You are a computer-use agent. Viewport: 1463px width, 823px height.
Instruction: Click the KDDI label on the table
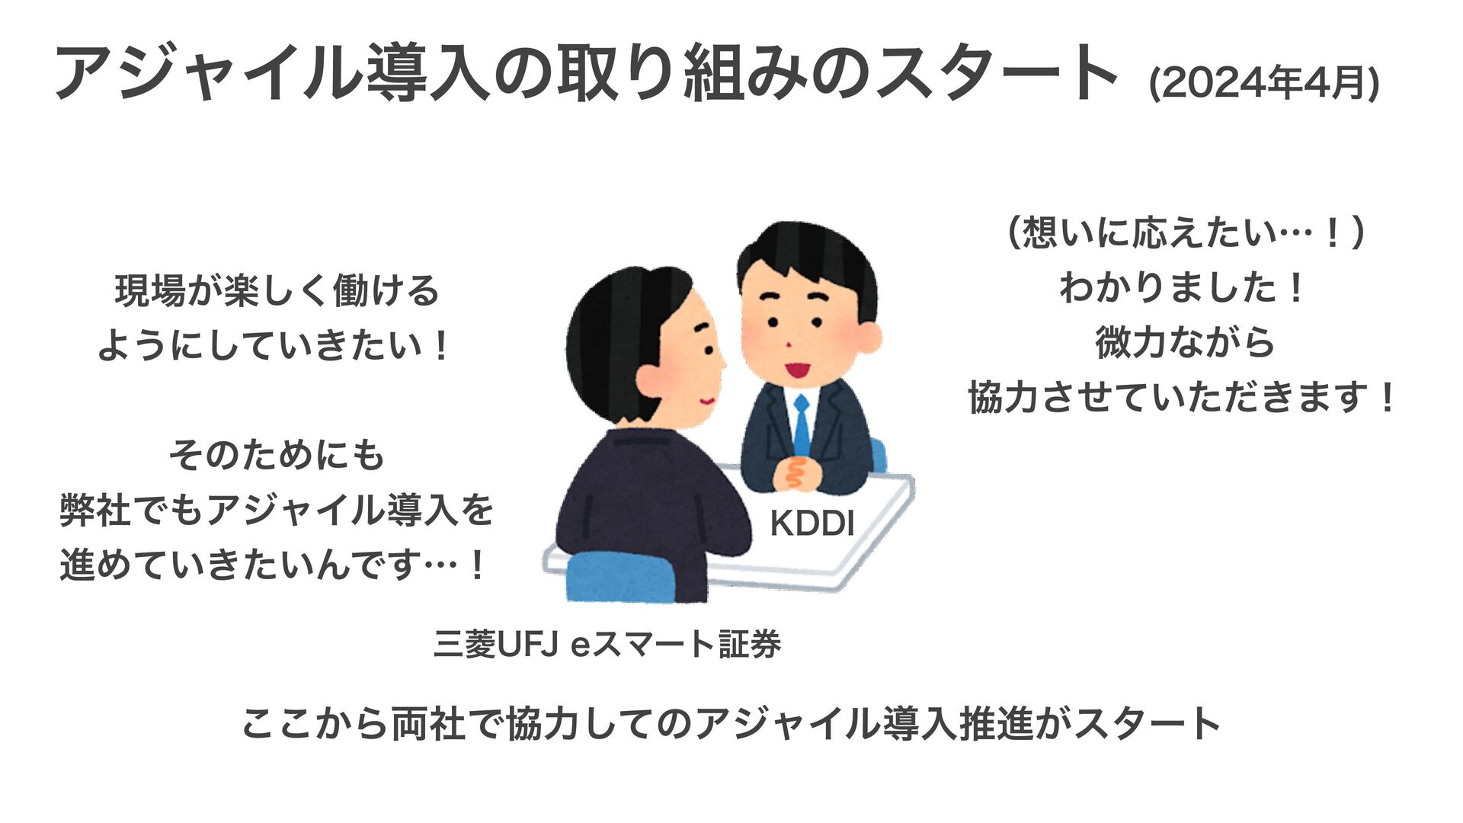tap(812, 524)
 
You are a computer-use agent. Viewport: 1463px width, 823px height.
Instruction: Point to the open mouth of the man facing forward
tap(796, 370)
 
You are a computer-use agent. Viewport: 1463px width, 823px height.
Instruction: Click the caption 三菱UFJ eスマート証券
tap(607, 645)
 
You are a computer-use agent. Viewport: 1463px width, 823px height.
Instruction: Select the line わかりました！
tap(1183, 288)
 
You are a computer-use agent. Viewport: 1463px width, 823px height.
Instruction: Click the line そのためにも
tap(276, 456)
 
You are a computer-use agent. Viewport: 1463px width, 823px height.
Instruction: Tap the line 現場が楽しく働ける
tap(276, 291)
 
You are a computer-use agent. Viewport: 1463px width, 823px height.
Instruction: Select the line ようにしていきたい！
tap(276, 346)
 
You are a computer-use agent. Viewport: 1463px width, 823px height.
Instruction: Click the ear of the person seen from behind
tap(651, 379)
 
